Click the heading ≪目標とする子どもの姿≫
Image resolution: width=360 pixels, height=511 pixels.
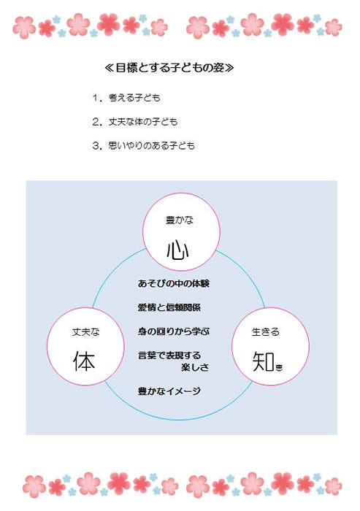click(x=169, y=68)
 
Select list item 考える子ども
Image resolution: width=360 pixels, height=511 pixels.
click(x=134, y=98)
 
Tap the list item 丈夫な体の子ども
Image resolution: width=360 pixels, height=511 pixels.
click(x=143, y=122)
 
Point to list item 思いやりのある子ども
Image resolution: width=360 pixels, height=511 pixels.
click(x=152, y=145)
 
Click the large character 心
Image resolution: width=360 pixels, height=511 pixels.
click(x=178, y=250)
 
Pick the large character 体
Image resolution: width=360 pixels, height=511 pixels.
click(x=84, y=361)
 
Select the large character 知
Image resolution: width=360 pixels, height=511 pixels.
click(x=264, y=361)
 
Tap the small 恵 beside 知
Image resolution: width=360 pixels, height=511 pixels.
click(x=279, y=368)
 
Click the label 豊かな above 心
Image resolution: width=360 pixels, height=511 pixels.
click(x=180, y=220)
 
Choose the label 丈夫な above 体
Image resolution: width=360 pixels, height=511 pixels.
click(x=85, y=332)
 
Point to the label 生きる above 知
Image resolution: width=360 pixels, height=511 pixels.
click(x=265, y=331)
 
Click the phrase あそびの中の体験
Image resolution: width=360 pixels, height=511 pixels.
click(x=174, y=283)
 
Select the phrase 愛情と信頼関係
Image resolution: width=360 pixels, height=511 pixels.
click(x=169, y=307)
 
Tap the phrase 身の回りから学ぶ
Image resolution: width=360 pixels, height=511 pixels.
click(x=174, y=331)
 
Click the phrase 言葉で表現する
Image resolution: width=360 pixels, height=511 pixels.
click(x=169, y=356)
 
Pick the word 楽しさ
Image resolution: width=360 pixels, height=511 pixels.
click(x=195, y=367)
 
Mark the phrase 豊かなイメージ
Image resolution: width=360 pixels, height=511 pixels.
click(x=169, y=391)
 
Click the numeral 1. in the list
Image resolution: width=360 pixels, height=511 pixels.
click(x=97, y=98)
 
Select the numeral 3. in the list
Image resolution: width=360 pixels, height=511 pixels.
click(x=97, y=145)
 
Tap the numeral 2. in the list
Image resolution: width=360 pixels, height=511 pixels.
click(x=97, y=122)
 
